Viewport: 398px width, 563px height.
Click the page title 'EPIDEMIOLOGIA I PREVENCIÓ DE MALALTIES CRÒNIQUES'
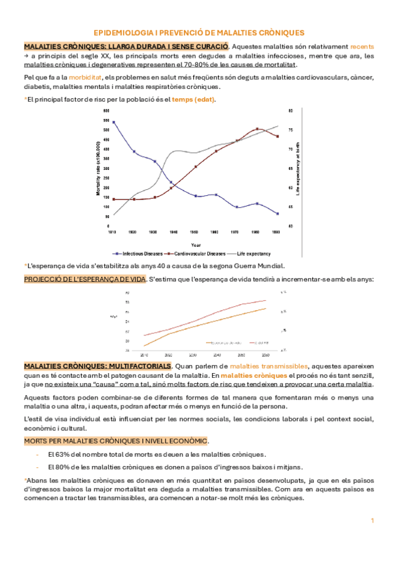(199, 32)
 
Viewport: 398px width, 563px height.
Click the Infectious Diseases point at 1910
(114, 122)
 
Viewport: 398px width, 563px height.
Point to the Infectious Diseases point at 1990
(277, 214)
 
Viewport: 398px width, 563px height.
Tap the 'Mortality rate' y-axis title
(98, 168)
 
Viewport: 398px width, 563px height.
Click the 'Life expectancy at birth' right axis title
(298, 168)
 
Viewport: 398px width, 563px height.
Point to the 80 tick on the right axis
(290, 110)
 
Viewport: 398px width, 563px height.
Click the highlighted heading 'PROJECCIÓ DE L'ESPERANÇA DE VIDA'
(84, 280)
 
